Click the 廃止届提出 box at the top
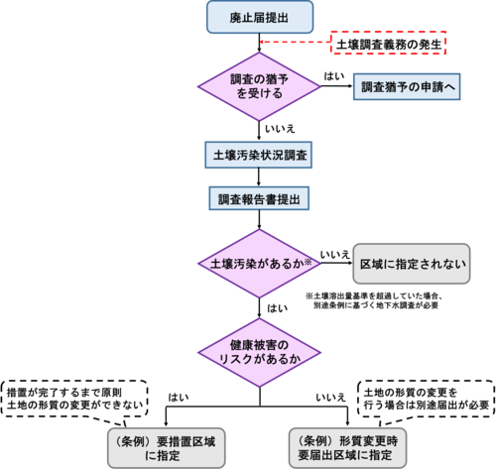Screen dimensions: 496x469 click(x=260, y=17)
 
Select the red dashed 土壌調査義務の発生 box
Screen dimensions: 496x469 click(x=389, y=43)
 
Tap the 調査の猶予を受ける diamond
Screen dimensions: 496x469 click(x=259, y=86)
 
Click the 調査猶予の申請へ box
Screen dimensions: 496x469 click(x=407, y=87)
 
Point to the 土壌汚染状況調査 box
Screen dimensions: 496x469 click(x=259, y=155)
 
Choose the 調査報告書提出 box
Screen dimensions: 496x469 click(x=259, y=198)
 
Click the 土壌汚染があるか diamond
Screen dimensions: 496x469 click(x=259, y=264)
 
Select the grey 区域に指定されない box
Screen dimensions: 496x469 click(x=412, y=264)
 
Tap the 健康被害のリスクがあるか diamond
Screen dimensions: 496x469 click(x=259, y=353)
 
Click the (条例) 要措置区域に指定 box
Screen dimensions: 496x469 click(x=167, y=448)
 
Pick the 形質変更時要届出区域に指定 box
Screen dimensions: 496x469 click(x=347, y=448)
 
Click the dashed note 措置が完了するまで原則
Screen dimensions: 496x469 click(x=74, y=399)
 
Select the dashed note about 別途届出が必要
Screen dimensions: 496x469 click(x=427, y=399)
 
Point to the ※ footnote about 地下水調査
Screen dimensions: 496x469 click(x=373, y=300)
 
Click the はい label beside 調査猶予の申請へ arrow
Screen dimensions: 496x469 click(x=334, y=76)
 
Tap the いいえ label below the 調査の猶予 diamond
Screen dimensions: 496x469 click(x=280, y=129)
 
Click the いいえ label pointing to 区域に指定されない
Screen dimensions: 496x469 click(x=334, y=255)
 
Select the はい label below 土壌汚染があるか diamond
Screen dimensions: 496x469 click(x=277, y=308)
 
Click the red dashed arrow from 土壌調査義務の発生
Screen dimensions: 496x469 click(x=296, y=42)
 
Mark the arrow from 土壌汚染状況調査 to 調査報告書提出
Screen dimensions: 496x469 click(x=259, y=177)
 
